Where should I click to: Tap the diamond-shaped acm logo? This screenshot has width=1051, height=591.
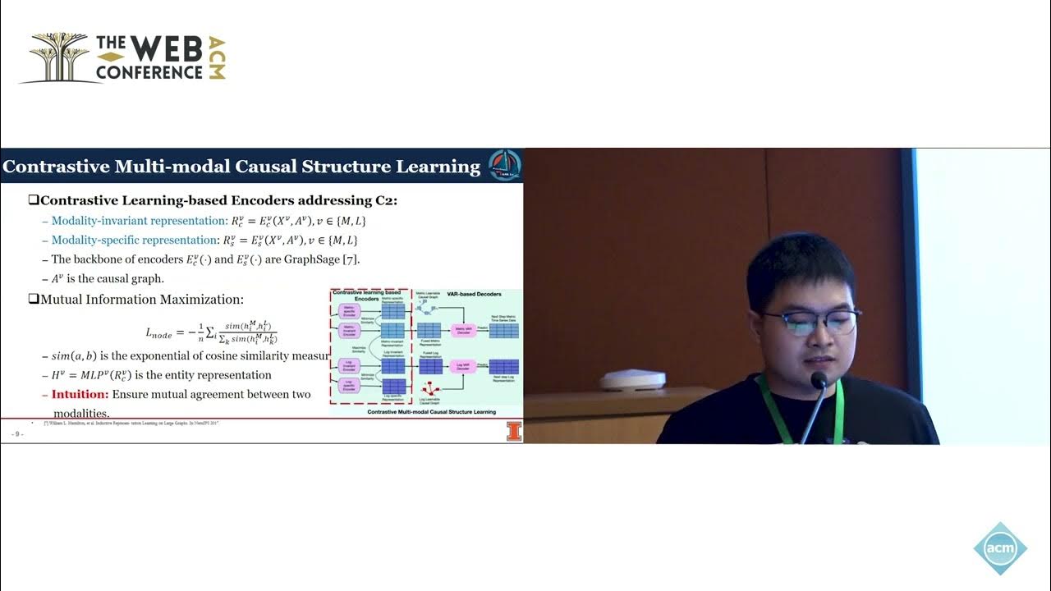point(1000,548)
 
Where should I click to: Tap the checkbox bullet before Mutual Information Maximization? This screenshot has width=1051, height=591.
point(34,300)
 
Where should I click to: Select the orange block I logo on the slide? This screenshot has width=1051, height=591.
point(514,432)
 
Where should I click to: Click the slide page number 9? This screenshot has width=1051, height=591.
point(16,433)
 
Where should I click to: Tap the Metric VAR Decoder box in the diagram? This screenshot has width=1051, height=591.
point(461,330)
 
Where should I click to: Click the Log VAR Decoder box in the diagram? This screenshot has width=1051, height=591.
point(461,367)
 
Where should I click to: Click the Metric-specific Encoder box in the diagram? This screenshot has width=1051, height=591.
point(350,311)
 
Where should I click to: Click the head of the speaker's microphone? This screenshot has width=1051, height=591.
point(818,381)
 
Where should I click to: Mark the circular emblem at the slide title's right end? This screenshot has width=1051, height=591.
point(504,165)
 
